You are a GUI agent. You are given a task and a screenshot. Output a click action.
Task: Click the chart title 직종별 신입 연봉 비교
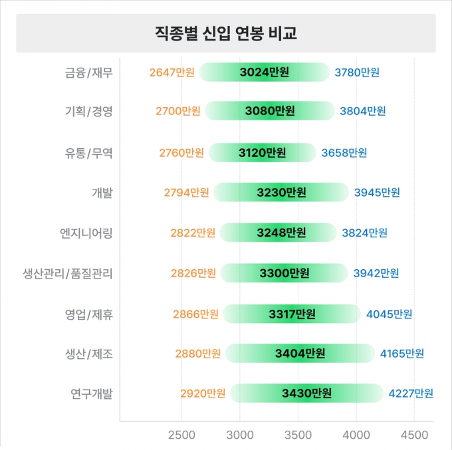pos(226,33)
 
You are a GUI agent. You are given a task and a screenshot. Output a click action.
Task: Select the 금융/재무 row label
pos(88,72)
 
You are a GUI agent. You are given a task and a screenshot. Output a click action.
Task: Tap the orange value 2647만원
pos(171,72)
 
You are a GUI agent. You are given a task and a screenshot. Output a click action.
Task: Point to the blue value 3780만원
pos(357,72)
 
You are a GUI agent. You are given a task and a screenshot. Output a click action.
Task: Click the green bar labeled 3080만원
pos(270,111)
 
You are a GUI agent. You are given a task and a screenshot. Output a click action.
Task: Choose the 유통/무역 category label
pos(88,153)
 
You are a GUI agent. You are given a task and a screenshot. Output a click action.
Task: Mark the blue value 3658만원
pos(344,153)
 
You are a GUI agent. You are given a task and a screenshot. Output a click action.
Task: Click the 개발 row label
pos(102,193)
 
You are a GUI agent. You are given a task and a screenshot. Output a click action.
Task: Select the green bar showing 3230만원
pos(281,192)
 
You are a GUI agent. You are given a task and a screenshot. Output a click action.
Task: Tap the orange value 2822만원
pos(193,233)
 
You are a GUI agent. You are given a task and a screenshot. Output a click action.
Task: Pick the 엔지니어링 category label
pos(86,233)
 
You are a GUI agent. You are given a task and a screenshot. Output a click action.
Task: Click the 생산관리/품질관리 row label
pos(67,273)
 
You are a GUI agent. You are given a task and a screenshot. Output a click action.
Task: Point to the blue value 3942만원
pos(376,273)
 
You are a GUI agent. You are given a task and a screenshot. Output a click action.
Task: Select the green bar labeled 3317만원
pos(292,314)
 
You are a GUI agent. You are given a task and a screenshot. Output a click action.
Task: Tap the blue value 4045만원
pos(389,314)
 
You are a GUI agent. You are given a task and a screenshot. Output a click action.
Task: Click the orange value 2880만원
pos(198,354)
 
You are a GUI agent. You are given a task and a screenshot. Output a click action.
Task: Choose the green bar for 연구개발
pos(306,394)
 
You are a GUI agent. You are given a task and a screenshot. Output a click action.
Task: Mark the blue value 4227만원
pos(411,394)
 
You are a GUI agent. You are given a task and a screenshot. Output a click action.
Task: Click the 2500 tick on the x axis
pos(181,435)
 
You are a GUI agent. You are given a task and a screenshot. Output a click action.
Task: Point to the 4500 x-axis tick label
pos(414,435)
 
